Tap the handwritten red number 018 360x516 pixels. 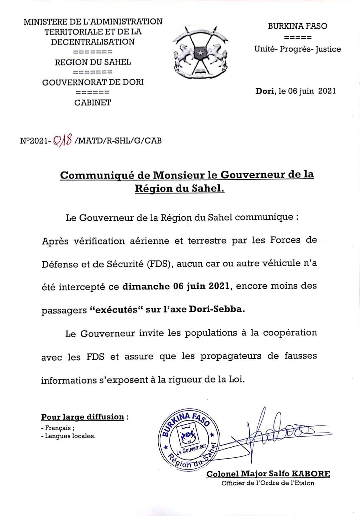[62, 141]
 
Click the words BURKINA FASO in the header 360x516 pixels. [297, 26]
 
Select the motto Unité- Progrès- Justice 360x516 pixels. [297, 49]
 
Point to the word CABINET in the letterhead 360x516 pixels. [93, 103]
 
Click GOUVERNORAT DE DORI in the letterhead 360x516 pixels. [93, 82]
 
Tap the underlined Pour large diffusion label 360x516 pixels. [83, 417]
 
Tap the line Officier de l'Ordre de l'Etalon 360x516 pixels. [268, 483]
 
